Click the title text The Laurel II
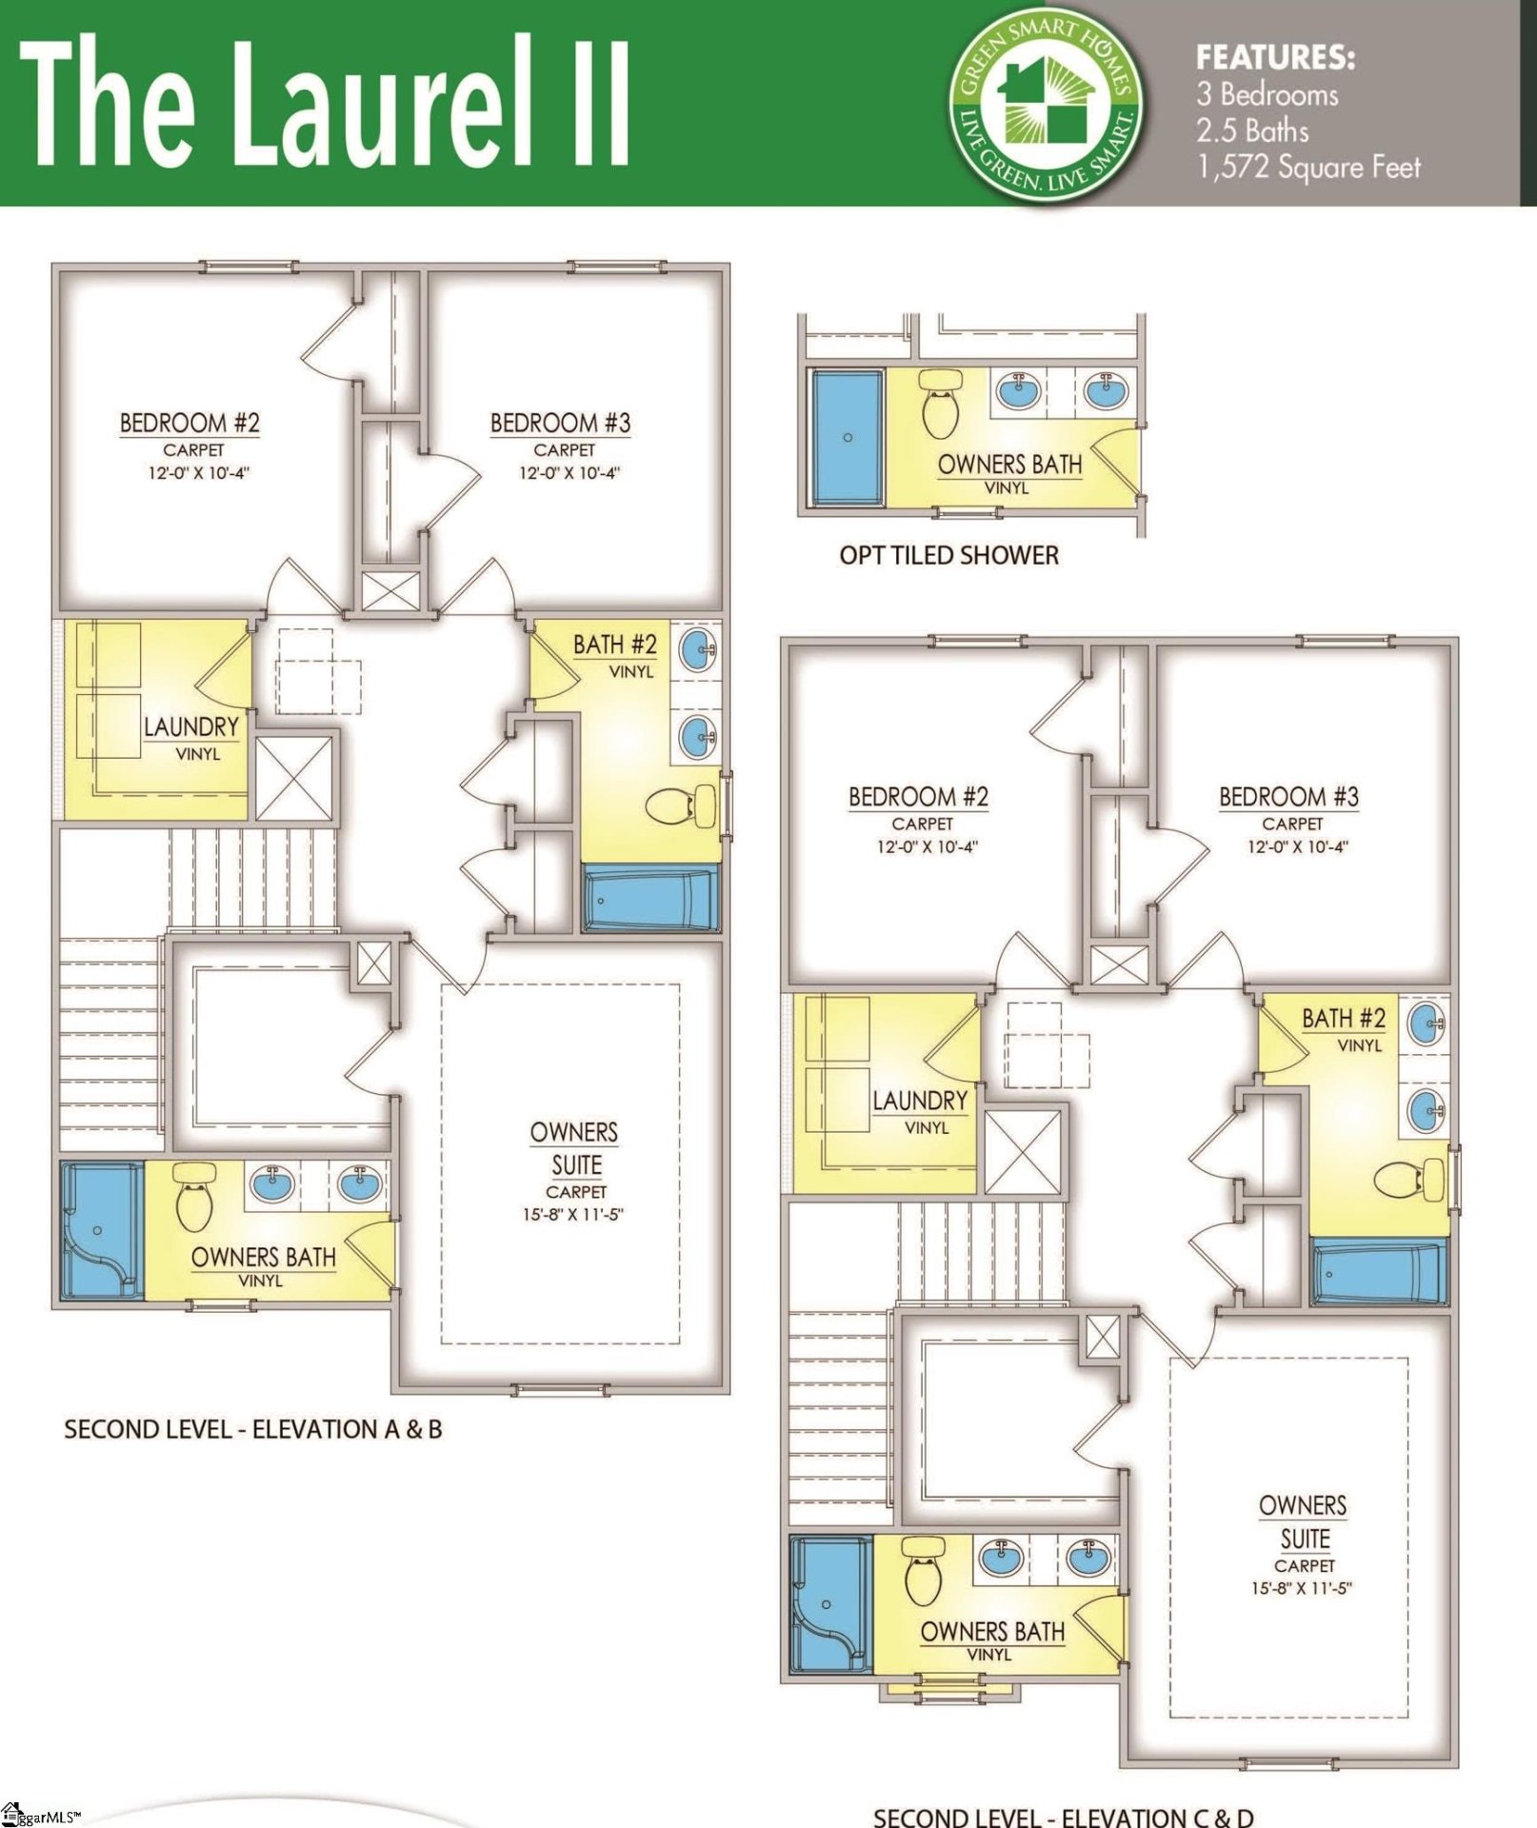pos(324,103)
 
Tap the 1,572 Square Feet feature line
pos(1308,168)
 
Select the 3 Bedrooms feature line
pos(1268,94)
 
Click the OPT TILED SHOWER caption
pos(948,555)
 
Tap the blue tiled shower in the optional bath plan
pos(847,438)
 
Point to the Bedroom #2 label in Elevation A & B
pos(190,423)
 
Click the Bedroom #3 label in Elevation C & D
pos(1288,797)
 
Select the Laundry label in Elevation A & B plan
pos(191,727)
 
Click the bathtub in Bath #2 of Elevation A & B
pos(651,899)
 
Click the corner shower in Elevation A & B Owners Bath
pos(100,1230)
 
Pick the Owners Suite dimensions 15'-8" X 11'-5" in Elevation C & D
pos(1302,1588)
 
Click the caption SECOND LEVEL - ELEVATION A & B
pos(253,1429)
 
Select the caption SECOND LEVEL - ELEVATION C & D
pos(1063,1817)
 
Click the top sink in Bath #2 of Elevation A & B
pos(697,651)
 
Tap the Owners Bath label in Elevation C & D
pos(992,1631)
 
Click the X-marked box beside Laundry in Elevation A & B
pos(294,778)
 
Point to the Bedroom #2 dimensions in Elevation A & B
pos(198,473)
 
